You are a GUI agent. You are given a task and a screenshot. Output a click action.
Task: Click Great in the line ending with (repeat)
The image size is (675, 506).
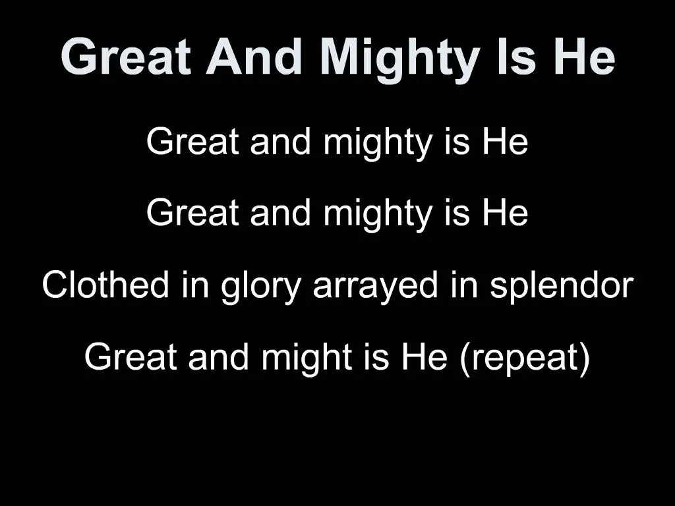coord(131,358)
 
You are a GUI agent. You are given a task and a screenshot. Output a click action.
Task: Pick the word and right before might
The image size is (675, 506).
coord(222,358)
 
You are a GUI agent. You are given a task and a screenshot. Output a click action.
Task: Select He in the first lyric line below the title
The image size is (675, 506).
coord(504,142)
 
